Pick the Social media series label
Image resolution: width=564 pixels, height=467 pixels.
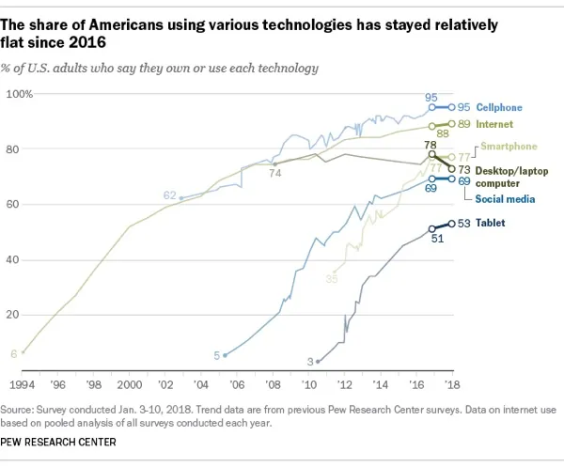[x=504, y=199]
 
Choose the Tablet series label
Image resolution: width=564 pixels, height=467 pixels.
[x=489, y=223]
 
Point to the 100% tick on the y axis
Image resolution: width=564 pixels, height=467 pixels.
[x=20, y=94]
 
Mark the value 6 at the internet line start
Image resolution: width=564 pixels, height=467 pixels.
[x=13, y=352]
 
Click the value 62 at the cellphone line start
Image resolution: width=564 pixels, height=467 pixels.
[x=169, y=195]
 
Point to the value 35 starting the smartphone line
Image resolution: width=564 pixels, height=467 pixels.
[x=332, y=278]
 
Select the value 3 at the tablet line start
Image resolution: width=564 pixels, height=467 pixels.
[x=309, y=361]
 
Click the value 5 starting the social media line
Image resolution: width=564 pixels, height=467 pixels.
[x=216, y=354]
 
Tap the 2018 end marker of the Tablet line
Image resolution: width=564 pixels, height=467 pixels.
[x=451, y=224]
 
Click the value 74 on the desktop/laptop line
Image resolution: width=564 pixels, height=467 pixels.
[x=276, y=174]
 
